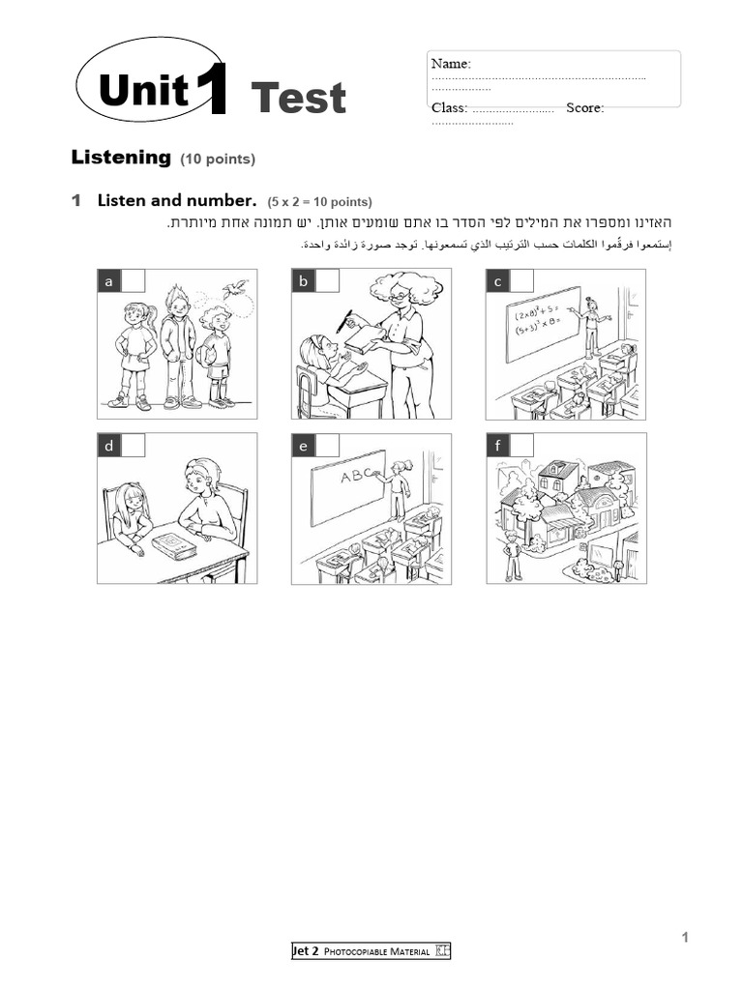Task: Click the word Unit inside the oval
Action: pyautogui.click(x=142, y=91)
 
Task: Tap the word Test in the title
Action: pyautogui.click(x=298, y=98)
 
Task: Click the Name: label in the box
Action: pyautogui.click(x=451, y=63)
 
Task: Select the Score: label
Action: pyautogui.click(x=585, y=107)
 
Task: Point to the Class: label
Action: pyautogui.click(x=449, y=107)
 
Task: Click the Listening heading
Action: pyautogui.click(x=121, y=157)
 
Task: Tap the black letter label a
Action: pyautogui.click(x=109, y=281)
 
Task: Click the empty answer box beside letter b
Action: pyautogui.click(x=328, y=281)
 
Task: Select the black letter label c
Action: pyautogui.click(x=497, y=281)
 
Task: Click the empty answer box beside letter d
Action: pyautogui.click(x=134, y=446)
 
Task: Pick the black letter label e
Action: pyautogui.click(x=304, y=446)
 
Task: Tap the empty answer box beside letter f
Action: pyautogui.click(x=522, y=446)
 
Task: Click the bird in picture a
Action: pyautogui.click(x=233, y=288)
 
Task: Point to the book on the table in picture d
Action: pyautogui.click(x=174, y=547)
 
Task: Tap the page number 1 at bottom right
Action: pyautogui.click(x=684, y=937)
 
